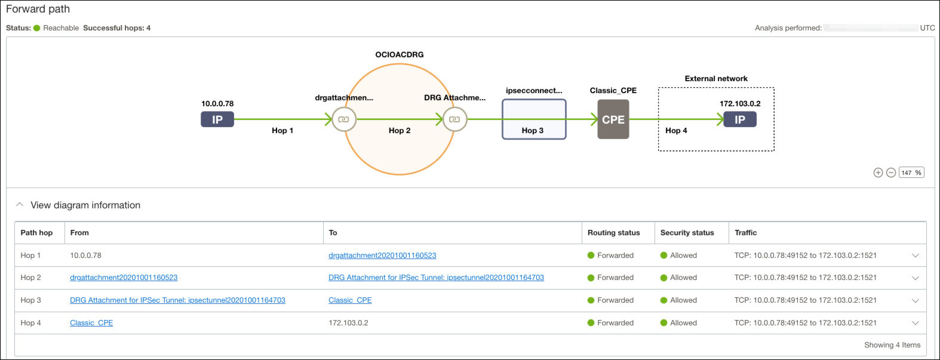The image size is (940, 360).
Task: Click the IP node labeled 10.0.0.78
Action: coord(217,119)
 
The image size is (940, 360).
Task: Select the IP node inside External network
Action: coord(739,119)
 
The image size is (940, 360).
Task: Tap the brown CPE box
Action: coord(613,119)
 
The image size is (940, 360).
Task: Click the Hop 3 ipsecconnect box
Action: coord(533,119)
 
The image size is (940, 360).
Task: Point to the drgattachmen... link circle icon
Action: coord(344,119)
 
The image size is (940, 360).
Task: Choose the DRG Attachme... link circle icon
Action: coord(454,119)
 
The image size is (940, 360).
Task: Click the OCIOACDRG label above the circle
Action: coord(399,54)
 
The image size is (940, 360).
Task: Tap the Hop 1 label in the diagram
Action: coord(282,131)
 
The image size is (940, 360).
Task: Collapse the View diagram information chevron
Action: coord(20,205)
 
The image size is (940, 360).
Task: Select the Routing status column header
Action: coord(613,233)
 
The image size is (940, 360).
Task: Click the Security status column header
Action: coord(687,233)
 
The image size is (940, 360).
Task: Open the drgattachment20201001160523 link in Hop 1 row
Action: coord(382,256)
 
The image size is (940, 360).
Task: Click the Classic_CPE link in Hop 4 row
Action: coord(91,323)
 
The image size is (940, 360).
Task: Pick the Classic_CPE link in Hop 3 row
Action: coord(350,300)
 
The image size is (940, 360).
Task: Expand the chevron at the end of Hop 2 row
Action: coord(915,278)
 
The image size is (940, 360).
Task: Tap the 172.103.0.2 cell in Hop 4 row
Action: coord(348,323)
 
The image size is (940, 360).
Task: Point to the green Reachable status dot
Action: coord(37,28)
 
